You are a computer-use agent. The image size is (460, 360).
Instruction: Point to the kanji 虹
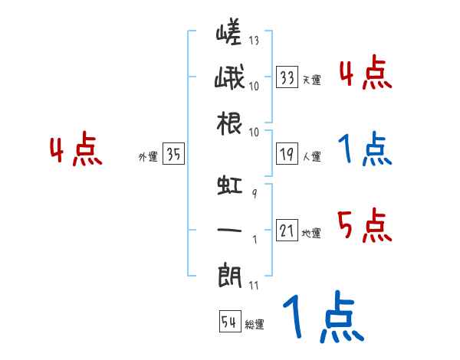(228, 186)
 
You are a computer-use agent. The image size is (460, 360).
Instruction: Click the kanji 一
(228, 230)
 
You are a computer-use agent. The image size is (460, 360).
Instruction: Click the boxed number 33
(287, 77)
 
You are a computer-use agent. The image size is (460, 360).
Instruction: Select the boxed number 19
(287, 154)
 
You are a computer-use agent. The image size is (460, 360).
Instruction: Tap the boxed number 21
(287, 230)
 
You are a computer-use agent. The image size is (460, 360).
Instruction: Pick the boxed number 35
(173, 155)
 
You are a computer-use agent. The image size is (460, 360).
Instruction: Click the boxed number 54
(229, 322)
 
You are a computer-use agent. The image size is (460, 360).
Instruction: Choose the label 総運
(255, 325)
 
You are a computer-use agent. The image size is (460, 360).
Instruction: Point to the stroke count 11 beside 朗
(254, 286)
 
